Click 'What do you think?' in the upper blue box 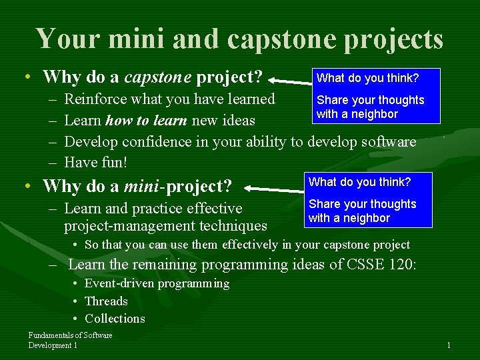click(367, 78)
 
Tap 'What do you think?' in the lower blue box click(359, 182)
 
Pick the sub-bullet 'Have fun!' click(95, 162)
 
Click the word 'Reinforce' click(94, 99)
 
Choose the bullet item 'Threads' click(106, 301)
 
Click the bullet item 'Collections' click(115, 319)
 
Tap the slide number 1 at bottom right click(449, 345)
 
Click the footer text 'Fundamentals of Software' click(70, 335)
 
